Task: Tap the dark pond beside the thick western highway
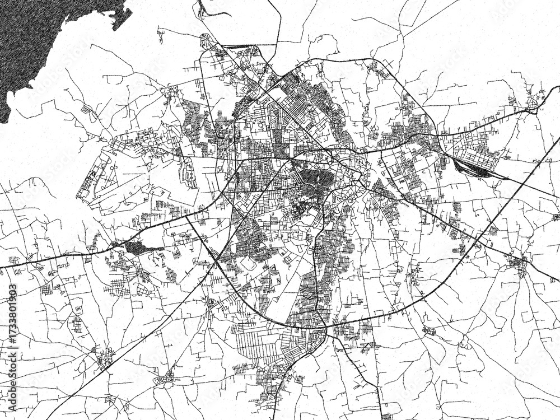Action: click(138, 246)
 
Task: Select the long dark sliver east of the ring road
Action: click(473, 167)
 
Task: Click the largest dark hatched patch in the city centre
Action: click(316, 179)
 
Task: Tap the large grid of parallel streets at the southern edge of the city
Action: click(258, 342)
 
